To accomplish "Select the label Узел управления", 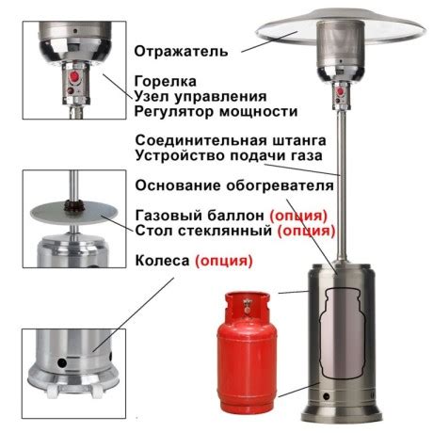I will [x=200, y=97].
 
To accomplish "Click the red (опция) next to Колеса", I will [x=224, y=259].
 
